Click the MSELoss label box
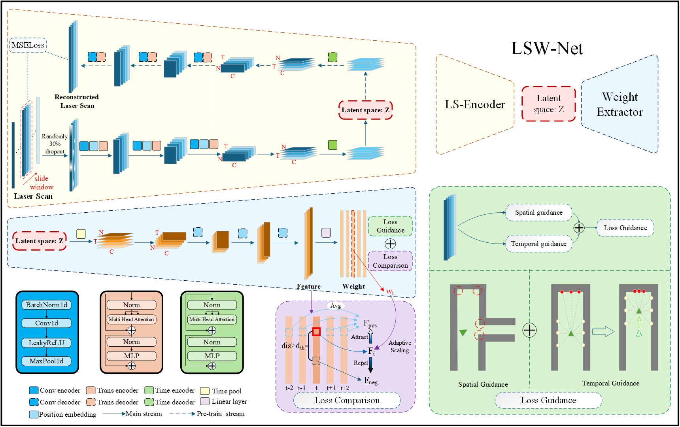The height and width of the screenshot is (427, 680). click(28, 45)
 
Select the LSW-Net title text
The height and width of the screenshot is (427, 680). click(547, 49)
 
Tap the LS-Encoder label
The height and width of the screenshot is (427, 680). click(474, 104)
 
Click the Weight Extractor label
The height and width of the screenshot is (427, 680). click(620, 104)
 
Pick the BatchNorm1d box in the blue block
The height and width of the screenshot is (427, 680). click(47, 305)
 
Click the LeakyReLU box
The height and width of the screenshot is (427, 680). click(47, 343)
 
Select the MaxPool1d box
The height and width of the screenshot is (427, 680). click(47, 361)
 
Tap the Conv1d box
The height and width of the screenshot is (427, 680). click(47, 323)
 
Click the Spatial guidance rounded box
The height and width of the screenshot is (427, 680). click(538, 213)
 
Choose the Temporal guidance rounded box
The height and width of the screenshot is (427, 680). click(538, 244)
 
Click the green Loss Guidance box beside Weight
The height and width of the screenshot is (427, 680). click(390, 226)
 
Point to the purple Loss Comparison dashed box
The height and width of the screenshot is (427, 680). click(390, 261)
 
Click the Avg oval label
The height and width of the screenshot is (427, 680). click(335, 306)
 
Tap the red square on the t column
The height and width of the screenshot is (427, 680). click(316, 331)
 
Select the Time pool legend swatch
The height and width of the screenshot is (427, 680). click(205, 391)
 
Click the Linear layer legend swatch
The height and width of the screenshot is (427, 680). click(205, 402)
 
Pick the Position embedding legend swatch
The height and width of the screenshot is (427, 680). click(34, 414)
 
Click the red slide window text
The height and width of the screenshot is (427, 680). click(41, 183)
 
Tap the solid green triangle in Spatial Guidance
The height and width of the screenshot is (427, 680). click(463, 333)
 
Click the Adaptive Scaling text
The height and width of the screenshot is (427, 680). click(400, 346)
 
